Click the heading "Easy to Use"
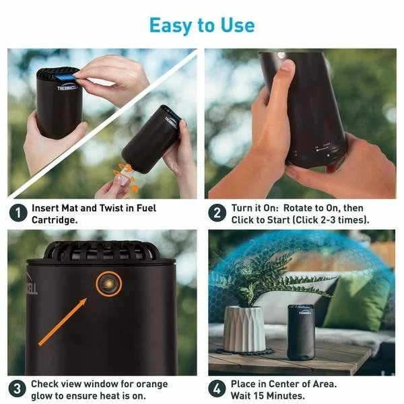202,26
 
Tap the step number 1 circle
18,213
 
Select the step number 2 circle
217,213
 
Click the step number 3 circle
17,389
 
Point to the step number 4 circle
217,389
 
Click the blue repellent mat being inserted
64,76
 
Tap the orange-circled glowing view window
108,283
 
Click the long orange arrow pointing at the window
63,322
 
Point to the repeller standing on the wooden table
301,333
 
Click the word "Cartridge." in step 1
55,220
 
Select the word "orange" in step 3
151,384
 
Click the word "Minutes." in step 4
290,395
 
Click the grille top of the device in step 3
102,250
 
